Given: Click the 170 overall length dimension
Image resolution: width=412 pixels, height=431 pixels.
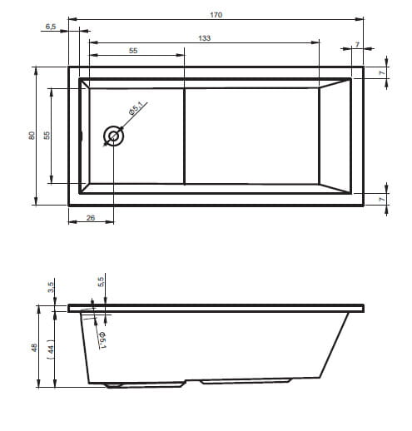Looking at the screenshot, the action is [x=216, y=15].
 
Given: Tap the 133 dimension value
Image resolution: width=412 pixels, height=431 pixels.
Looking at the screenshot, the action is [x=204, y=38].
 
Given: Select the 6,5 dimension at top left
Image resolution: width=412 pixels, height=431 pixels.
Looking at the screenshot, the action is [x=51, y=27].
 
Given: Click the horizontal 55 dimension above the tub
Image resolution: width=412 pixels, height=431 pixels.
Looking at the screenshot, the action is [x=133, y=51].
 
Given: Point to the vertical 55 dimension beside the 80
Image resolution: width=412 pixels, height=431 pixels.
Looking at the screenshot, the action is [x=47, y=136].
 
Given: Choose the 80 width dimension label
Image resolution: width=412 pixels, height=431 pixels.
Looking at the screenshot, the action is [x=32, y=136].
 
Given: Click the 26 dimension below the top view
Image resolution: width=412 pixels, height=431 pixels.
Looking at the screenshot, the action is [x=91, y=218].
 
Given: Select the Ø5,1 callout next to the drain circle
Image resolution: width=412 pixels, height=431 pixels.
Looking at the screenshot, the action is [x=136, y=108].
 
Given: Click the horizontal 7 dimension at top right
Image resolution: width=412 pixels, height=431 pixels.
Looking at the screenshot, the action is [x=357, y=44].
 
